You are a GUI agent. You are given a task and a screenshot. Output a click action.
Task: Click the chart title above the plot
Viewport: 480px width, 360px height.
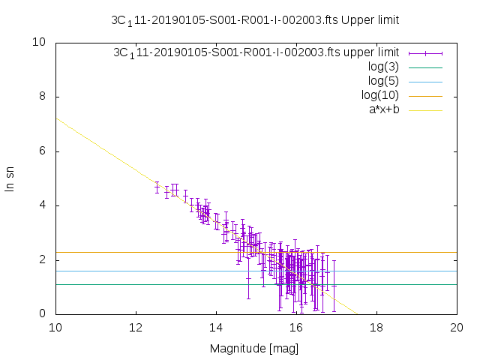point(255,20)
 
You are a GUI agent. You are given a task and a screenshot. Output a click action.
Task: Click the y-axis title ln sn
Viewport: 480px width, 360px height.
point(10,178)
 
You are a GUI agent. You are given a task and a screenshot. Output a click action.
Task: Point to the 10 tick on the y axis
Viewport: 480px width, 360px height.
point(40,43)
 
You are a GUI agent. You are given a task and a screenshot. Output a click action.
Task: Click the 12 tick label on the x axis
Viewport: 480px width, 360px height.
point(136,328)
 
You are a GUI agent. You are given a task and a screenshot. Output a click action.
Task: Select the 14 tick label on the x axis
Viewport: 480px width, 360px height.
point(216,328)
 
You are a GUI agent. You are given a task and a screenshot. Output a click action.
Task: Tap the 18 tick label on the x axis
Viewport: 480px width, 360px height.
point(376,328)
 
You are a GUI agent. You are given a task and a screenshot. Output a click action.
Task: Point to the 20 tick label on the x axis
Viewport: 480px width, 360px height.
point(457,328)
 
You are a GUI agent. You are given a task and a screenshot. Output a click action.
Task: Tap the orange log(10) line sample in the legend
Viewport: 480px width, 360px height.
point(425,96)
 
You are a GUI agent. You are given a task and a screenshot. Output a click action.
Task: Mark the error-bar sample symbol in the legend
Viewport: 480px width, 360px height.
point(425,53)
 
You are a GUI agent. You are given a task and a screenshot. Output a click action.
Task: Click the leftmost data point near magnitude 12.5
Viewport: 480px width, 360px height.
point(157,187)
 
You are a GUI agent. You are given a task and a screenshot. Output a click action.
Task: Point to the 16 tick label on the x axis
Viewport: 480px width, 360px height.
point(296,328)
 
